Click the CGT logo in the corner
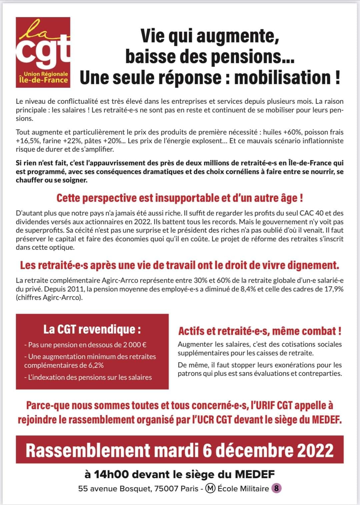click(x=43, y=52)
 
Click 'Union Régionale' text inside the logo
click(x=46, y=74)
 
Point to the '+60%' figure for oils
click(x=291, y=132)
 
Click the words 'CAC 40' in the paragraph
click(x=320, y=213)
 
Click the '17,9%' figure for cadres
click(x=334, y=289)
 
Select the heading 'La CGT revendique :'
click(x=92, y=329)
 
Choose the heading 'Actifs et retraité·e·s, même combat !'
click(x=260, y=331)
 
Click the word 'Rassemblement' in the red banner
click(x=88, y=450)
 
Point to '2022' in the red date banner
click(x=315, y=450)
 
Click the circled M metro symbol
click(x=210, y=489)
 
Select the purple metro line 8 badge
click(x=277, y=489)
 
